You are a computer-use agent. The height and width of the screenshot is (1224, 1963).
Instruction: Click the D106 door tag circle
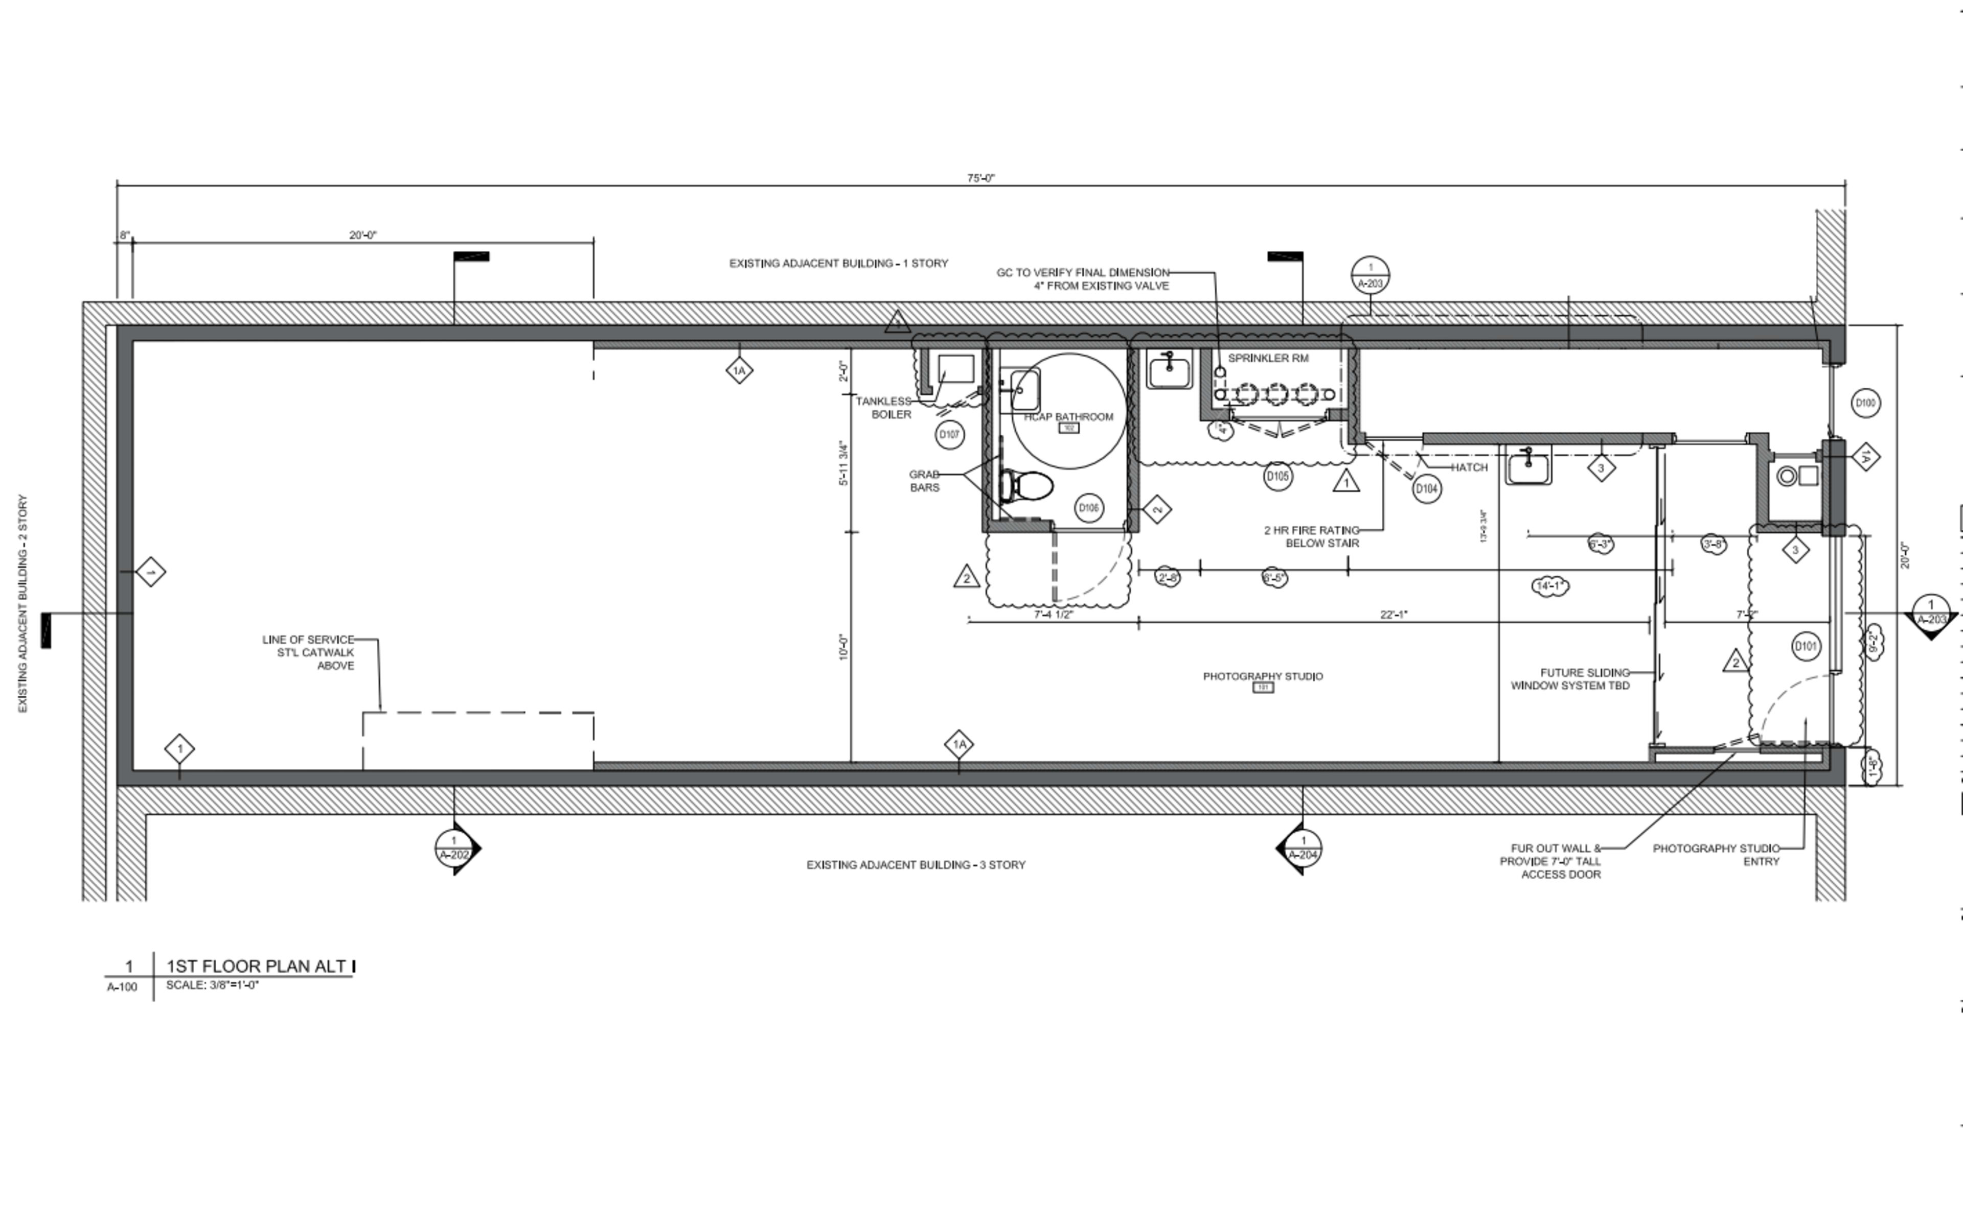coord(1088,508)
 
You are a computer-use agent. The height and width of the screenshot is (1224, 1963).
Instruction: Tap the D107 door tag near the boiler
coord(949,435)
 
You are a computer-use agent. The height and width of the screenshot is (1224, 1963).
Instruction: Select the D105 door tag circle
coord(1277,476)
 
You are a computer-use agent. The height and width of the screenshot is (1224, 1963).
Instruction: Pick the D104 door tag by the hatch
coord(1426,489)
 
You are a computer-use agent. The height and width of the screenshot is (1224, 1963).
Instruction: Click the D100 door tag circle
coord(1865,403)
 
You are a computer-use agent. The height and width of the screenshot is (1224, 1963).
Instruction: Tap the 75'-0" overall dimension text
coord(980,178)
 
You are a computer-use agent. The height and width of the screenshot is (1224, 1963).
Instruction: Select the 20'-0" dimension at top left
coord(363,236)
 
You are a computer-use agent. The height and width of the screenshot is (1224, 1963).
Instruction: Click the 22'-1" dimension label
coord(1394,615)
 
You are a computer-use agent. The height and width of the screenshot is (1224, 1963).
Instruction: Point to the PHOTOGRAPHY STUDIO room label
coord(1263,676)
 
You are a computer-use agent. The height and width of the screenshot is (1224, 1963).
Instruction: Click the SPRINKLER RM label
coord(1268,358)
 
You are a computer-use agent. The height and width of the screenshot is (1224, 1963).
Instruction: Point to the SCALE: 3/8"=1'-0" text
coord(212,985)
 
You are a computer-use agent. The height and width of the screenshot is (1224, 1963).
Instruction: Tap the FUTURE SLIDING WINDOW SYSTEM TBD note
coord(1571,678)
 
